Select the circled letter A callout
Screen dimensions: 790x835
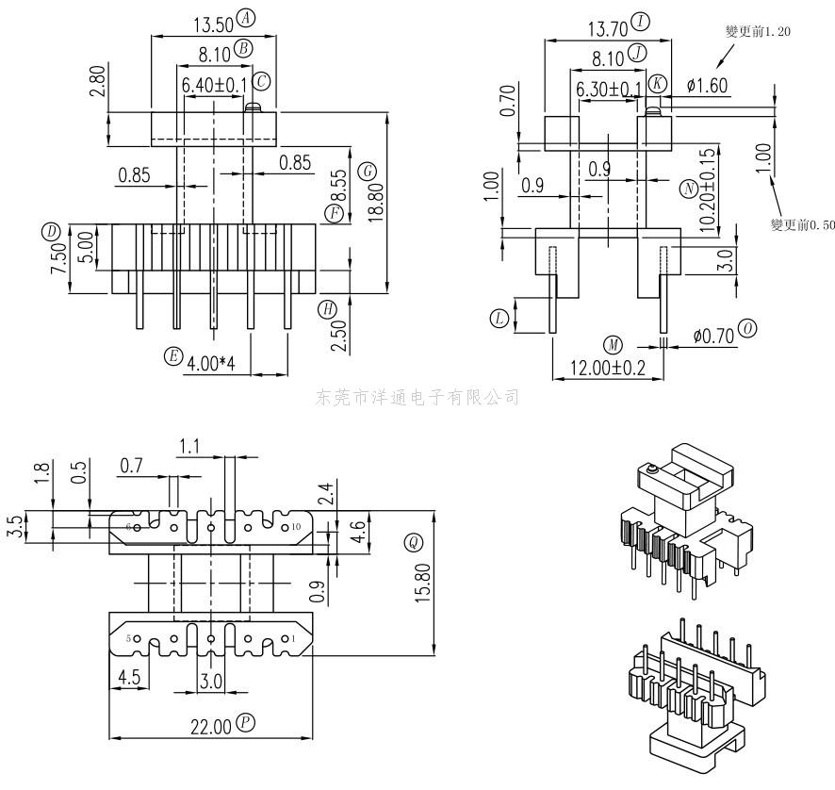click(x=246, y=19)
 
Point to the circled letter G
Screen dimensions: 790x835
click(x=368, y=171)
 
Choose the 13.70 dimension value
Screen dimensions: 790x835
click(x=606, y=28)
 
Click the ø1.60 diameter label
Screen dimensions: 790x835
click(x=707, y=86)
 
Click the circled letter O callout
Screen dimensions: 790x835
click(x=747, y=328)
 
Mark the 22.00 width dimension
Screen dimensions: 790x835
click(x=209, y=726)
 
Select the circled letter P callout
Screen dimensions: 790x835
click(x=245, y=723)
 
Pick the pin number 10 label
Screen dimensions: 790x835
click(x=296, y=526)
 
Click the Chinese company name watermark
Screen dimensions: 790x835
click(x=417, y=397)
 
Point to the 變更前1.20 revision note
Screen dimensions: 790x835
click(x=758, y=31)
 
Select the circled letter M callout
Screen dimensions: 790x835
click(x=614, y=343)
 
